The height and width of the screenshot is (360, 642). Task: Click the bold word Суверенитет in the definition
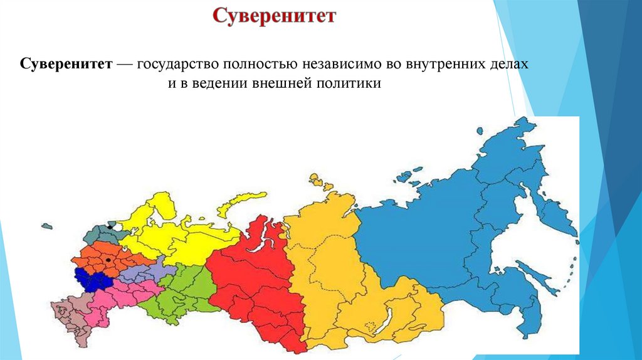tap(66, 64)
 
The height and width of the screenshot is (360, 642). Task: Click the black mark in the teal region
tap(112, 224)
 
